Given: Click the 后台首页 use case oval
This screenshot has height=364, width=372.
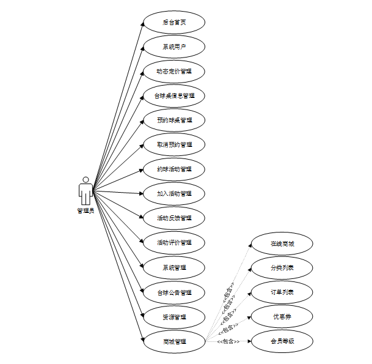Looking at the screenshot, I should point(174,23).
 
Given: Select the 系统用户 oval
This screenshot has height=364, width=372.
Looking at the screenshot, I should point(174,47).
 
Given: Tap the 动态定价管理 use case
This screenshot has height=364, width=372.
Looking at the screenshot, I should point(174,72).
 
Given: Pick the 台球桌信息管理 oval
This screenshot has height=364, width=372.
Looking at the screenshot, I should point(174,96).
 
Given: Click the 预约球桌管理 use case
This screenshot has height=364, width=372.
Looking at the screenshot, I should point(174,121).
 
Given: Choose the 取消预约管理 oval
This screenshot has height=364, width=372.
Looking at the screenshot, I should point(174,145).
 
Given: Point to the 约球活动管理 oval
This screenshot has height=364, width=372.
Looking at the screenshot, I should point(174,169).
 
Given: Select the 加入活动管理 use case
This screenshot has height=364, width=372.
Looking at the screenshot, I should point(174,194).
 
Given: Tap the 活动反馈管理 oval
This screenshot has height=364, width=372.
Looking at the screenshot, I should point(174,218).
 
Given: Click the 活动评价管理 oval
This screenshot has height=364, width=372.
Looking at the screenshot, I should point(174,243).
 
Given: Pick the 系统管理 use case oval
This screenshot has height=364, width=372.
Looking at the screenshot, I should point(174,267).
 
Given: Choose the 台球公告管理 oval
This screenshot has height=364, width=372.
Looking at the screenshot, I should point(174,292).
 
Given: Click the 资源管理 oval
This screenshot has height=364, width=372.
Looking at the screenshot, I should point(174,317).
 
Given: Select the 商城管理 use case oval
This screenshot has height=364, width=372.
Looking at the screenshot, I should point(174,341).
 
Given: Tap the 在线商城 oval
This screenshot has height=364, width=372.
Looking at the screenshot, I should point(282,243).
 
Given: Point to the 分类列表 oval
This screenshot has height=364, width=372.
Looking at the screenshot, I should point(282,268).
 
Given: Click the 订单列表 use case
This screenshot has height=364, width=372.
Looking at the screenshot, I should point(282,292).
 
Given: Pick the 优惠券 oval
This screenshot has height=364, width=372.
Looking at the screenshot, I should point(282,317).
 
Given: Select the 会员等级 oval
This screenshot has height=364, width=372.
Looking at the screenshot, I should point(282,341).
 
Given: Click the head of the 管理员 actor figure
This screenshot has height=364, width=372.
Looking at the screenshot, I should point(86,180).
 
